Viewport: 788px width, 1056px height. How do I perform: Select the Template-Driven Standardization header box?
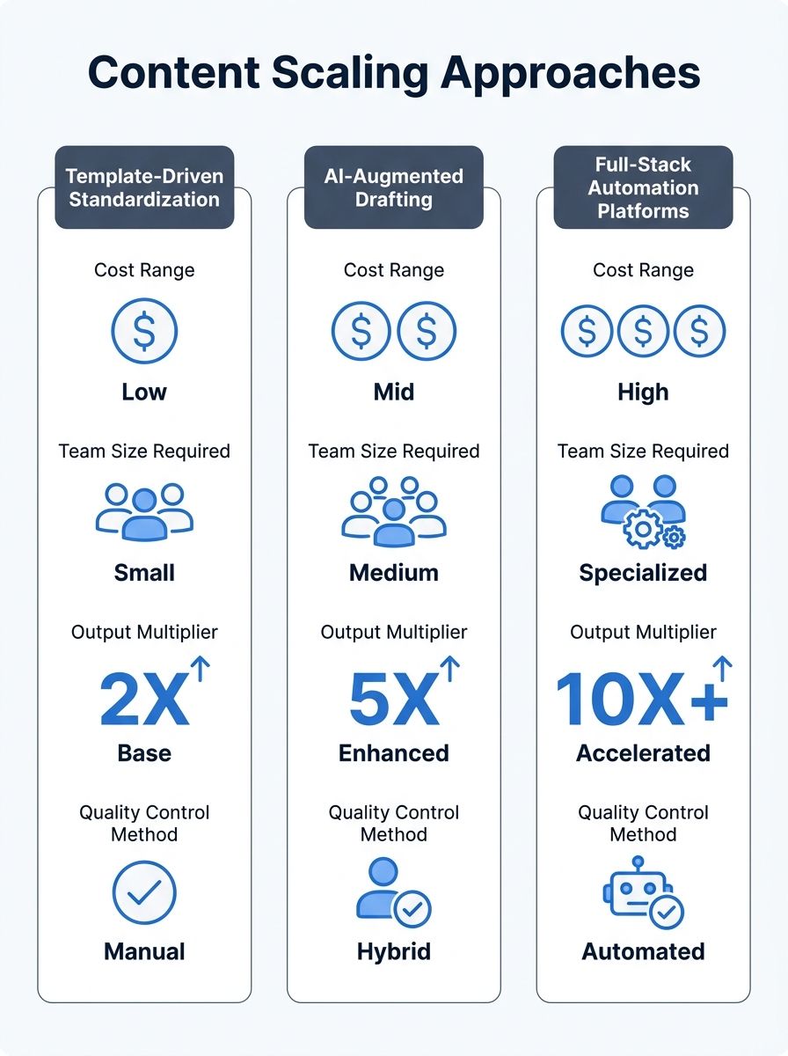pyautogui.click(x=144, y=187)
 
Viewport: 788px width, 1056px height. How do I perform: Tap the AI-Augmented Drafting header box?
pyautogui.click(x=394, y=187)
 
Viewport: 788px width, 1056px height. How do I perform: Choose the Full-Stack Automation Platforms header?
pyautogui.click(x=643, y=187)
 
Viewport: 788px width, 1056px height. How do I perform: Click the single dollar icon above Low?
pyautogui.click(x=144, y=332)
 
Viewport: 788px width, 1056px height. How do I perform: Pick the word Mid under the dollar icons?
pyautogui.click(x=394, y=392)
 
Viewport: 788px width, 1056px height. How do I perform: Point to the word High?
pyautogui.click(x=643, y=392)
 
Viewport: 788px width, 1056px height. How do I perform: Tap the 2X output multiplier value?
pyautogui.click(x=144, y=700)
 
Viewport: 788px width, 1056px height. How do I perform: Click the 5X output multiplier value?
pyautogui.click(x=394, y=700)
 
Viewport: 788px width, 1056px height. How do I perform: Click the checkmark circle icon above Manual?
pyautogui.click(x=144, y=893)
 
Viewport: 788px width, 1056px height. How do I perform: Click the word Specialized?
pyautogui.click(x=643, y=573)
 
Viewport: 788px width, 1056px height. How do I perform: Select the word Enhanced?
pyautogui.click(x=394, y=753)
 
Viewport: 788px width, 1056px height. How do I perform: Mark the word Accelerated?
pyautogui.click(x=643, y=753)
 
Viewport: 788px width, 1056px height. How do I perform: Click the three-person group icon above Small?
pyautogui.click(x=144, y=512)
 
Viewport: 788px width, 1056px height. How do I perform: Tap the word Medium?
pyautogui.click(x=394, y=573)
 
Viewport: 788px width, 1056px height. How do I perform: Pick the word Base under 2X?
pyautogui.click(x=144, y=753)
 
